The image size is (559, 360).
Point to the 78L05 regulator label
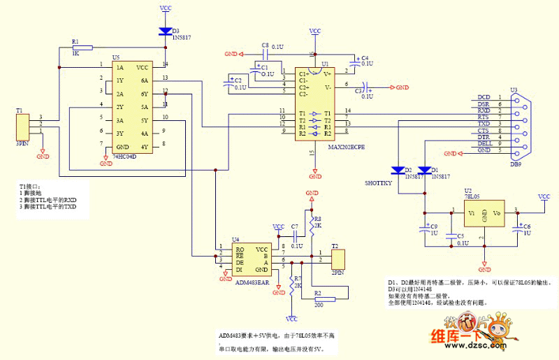point(472,196)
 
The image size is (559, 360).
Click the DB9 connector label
point(516,165)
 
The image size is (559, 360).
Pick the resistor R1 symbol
point(82,48)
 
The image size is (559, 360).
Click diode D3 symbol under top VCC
point(166,31)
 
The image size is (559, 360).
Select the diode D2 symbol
point(399,170)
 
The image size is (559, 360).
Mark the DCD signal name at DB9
point(484,96)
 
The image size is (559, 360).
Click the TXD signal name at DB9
point(484,124)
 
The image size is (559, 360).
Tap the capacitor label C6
point(527,226)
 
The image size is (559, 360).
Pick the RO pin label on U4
point(240,249)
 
